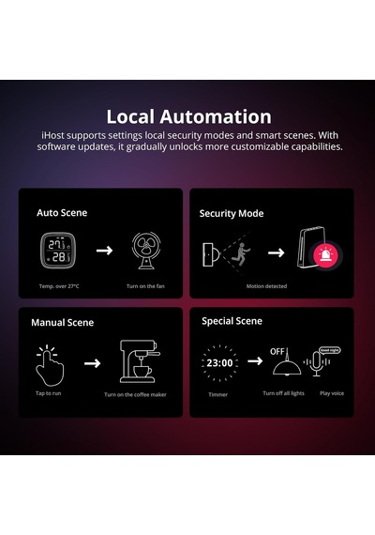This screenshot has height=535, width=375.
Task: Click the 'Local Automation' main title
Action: click(188, 116)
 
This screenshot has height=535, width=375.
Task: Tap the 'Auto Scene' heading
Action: click(62, 213)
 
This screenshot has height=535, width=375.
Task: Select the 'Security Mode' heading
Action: click(232, 214)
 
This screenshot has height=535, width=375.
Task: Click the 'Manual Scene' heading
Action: click(63, 323)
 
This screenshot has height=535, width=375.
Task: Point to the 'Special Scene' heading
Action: click(232, 321)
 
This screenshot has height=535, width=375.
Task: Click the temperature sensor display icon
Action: click(57, 251)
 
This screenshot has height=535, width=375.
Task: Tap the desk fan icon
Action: click(146, 251)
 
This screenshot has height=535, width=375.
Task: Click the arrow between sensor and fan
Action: click(104, 251)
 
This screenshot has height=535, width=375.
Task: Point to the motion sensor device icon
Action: click(211, 254)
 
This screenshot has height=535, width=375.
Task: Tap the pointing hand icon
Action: click(50, 366)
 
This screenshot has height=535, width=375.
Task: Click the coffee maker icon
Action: click(140, 361)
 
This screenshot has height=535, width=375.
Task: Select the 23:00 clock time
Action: click(219, 362)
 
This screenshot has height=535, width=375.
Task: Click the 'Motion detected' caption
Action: click(266, 286)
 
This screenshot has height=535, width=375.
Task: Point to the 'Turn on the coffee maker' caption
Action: click(135, 395)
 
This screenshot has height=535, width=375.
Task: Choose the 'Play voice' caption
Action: click(332, 393)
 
